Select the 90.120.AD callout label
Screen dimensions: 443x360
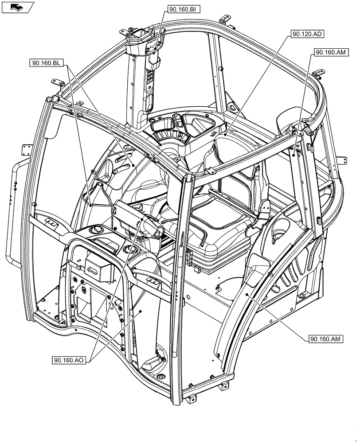(x=306, y=34)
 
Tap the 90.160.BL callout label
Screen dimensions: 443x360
(x=46, y=63)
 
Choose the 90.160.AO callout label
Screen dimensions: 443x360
(x=69, y=360)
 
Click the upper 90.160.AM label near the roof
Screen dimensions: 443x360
(x=330, y=52)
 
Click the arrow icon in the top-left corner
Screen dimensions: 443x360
(x=17, y=7)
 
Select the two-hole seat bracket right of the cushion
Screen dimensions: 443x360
(x=266, y=206)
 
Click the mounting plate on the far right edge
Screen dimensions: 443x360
(x=340, y=160)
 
